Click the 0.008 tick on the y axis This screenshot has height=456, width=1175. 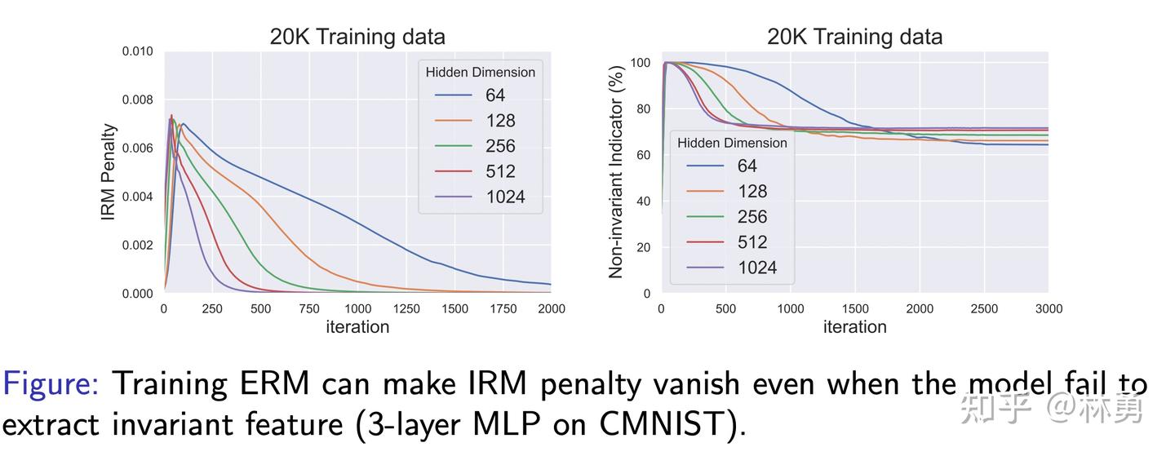click(137, 100)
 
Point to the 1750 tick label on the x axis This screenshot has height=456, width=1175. click(503, 308)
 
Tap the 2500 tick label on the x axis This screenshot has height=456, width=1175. click(984, 308)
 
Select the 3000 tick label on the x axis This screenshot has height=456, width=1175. click(1049, 308)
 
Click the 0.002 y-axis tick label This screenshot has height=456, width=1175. click(137, 245)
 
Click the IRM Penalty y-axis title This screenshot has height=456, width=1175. click(109, 172)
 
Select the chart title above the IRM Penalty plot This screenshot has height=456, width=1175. click(357, 37)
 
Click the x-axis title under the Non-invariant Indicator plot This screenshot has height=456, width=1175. click(854, 327)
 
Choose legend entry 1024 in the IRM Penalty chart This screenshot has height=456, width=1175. click(505, 197)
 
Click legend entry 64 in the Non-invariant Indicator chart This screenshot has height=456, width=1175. click(747, 166)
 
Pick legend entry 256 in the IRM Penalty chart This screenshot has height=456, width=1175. click(500, 146)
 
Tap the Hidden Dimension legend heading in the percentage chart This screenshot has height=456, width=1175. click(732, 143)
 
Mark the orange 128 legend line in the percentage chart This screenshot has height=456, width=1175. click(705, 192)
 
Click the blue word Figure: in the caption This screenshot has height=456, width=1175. click(51, 383)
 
